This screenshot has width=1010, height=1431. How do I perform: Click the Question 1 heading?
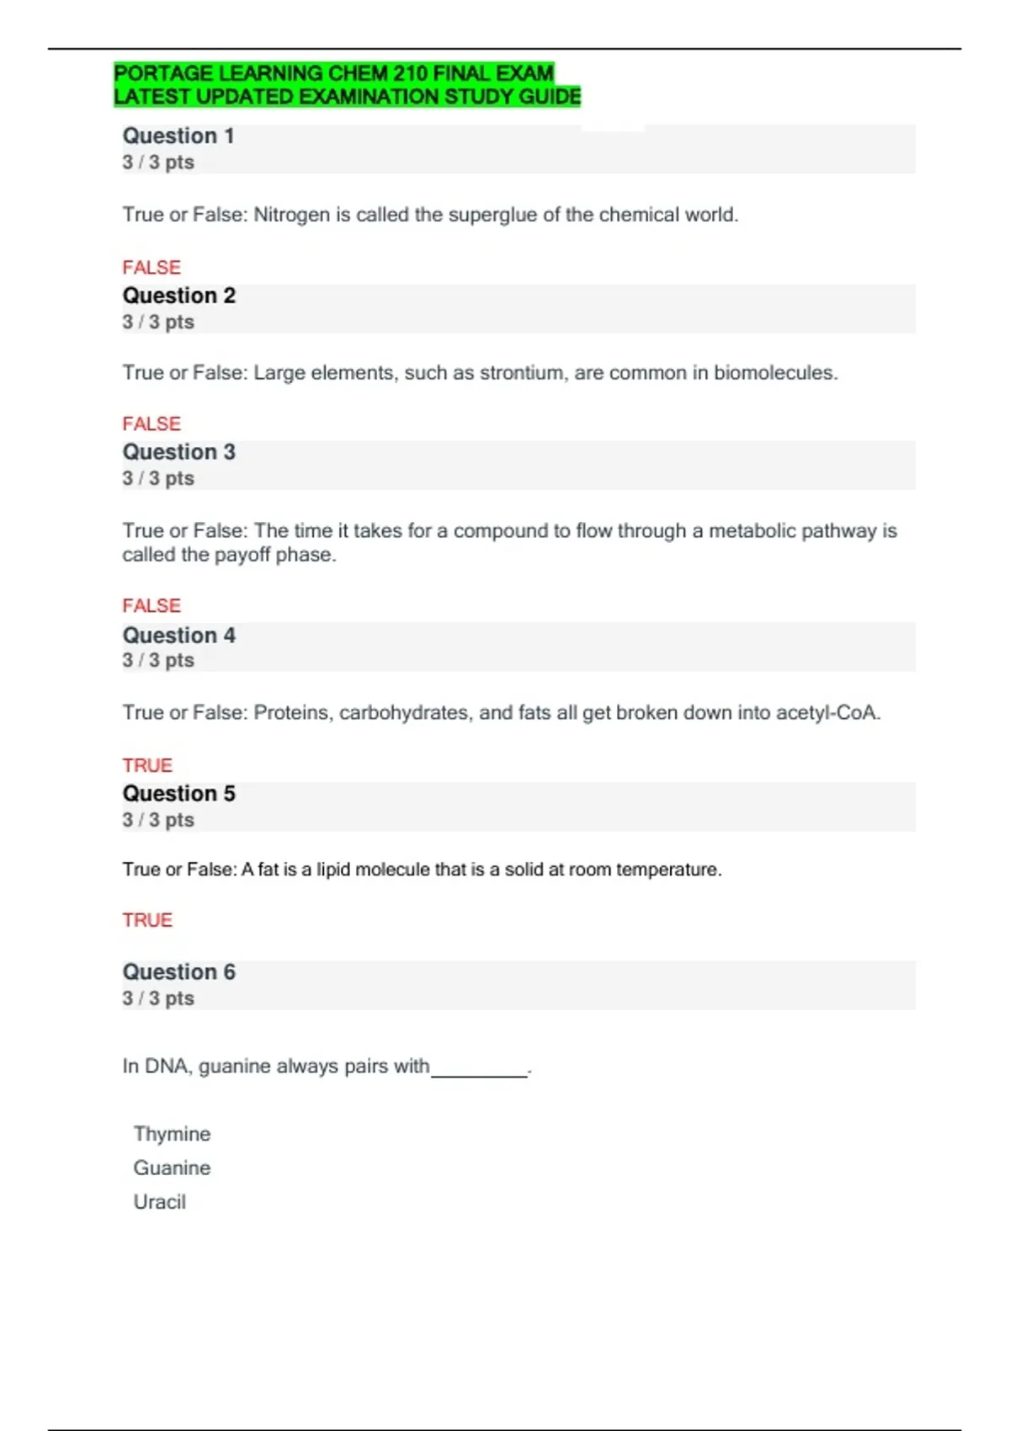(x=178, y=136)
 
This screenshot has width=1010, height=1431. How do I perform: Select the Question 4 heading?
(x=178, y=636)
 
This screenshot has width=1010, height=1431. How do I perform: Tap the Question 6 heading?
(x=178, y=972)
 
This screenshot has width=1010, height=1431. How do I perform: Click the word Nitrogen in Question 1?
(x=291, y=215)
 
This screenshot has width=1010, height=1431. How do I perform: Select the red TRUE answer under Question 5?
(x=147, y=920)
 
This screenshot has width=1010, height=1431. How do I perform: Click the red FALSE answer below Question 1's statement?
(x=151, y=268)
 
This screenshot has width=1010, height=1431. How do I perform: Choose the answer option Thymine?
(x=172, y=1134)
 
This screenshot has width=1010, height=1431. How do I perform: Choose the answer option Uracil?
(x=159, y=1202)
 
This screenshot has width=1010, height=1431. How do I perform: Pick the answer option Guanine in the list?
(x=172, y=1168)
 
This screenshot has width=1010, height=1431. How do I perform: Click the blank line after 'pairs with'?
(x=479, y=1071)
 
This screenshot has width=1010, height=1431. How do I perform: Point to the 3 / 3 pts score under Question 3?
(x=158, y=479)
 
